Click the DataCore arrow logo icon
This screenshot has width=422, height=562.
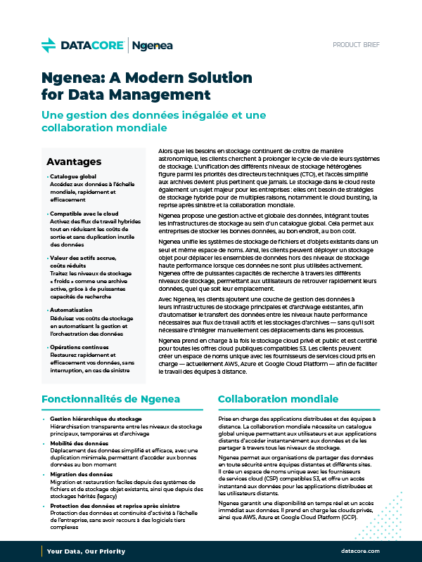point(49,46)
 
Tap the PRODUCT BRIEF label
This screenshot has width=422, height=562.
point(356,45)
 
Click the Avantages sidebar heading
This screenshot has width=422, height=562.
point(74,162)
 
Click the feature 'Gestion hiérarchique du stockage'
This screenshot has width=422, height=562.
point(96,419)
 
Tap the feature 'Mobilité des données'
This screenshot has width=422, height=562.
point(79,443)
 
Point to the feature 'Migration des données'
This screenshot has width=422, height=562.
point(80,474)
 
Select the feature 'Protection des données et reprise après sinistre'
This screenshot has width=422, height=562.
point(114,506)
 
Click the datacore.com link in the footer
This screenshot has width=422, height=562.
point(359,551)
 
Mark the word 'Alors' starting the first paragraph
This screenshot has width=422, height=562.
point(167,151)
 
